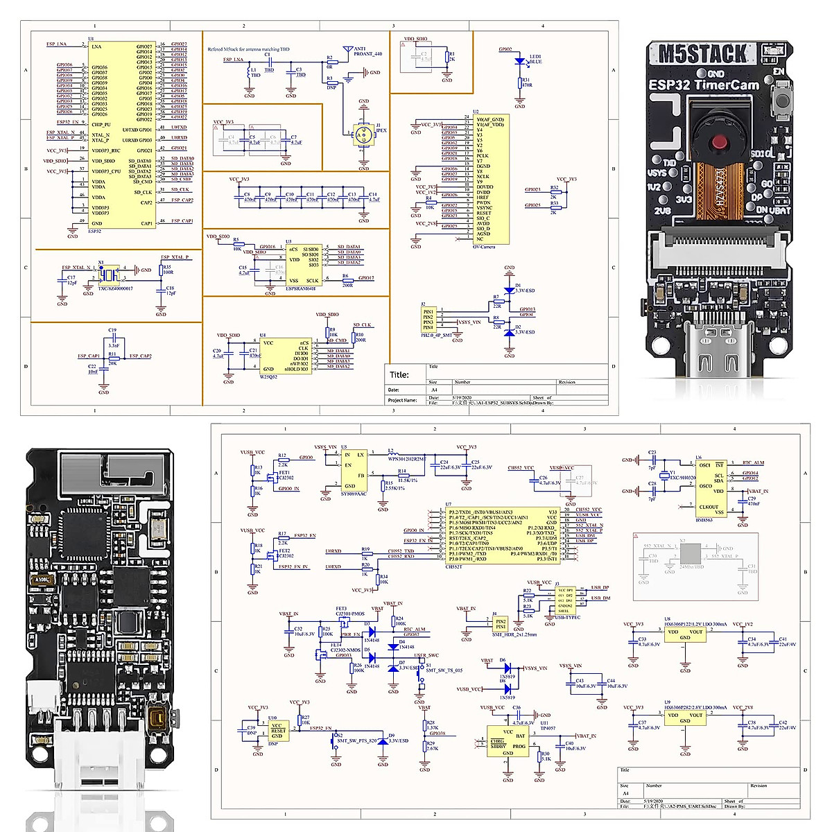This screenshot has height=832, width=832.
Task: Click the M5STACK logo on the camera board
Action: point(702,54)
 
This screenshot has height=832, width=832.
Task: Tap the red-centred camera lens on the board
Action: point(720,142)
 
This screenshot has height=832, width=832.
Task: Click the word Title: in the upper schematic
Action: point(399,375)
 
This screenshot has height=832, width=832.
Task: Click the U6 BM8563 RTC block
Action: point(711,489)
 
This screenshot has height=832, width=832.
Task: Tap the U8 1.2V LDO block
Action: point(684,634)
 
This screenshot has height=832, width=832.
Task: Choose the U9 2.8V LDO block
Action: point(684,717)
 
